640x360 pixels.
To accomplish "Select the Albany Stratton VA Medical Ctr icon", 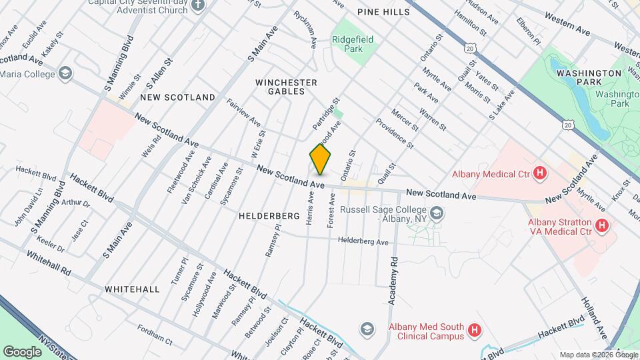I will coord(602,226).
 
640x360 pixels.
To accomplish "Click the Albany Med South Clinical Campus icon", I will coord(474,329).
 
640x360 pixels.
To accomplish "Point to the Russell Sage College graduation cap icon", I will coord(437,213).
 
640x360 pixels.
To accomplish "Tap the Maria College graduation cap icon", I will coord(65,73).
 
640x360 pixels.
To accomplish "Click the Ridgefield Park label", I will coord(353,45).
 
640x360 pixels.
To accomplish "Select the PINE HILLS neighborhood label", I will coord(381,12).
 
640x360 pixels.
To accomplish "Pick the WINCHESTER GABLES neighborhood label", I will coord(287,87).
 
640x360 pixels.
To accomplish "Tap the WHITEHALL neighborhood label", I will coord(132,289).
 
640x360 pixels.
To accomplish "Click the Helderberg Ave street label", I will coord(363,241).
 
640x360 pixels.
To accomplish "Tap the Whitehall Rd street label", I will coord(48,263).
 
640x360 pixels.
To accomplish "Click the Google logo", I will coord(22,351).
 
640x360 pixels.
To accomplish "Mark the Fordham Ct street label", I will coord(154,335).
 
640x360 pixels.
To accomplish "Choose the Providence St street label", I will coord(395,133).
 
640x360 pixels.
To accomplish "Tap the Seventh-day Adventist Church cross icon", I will coord(197,5).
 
